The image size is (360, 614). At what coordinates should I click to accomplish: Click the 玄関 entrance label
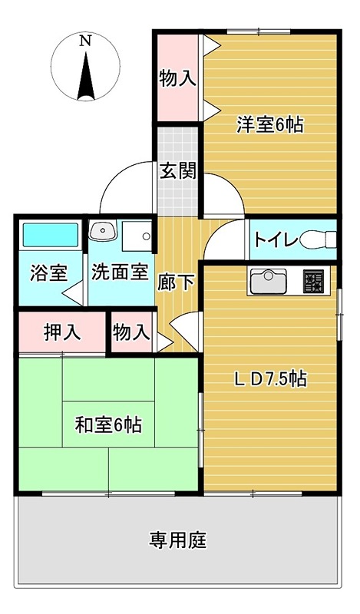178,170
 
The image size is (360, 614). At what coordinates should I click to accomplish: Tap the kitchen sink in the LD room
267,282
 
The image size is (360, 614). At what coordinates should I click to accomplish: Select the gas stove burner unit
313,282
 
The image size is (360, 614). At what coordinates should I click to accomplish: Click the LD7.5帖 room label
271,378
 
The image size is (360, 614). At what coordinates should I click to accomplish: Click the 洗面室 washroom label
119,272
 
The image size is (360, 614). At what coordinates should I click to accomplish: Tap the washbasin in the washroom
102,231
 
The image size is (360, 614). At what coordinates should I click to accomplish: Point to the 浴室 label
48,272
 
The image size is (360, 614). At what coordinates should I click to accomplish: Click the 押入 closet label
61,332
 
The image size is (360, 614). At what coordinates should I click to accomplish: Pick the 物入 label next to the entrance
178,78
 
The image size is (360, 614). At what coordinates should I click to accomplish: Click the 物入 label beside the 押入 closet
130,332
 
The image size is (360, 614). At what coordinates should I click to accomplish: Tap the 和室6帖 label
107,424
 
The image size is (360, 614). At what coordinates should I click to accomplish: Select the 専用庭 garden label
178,540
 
